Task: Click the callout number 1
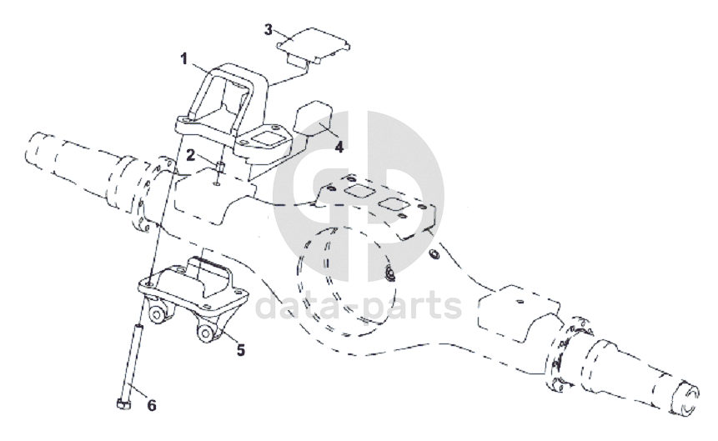point(184,59)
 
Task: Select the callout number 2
point(191,155)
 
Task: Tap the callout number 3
point(269,30)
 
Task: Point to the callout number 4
point(339,147)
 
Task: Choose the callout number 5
point(241,350)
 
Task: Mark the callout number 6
point(152,405)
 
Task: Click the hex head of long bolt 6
point(123,403)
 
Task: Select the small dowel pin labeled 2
point(220,166)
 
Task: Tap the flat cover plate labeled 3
point(314,45)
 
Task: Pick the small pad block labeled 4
point(314,118)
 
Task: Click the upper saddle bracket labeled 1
point(229,117)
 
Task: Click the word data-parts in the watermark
point(358,306)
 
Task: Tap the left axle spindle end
point(41,150)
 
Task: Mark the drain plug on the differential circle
point(389,273)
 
